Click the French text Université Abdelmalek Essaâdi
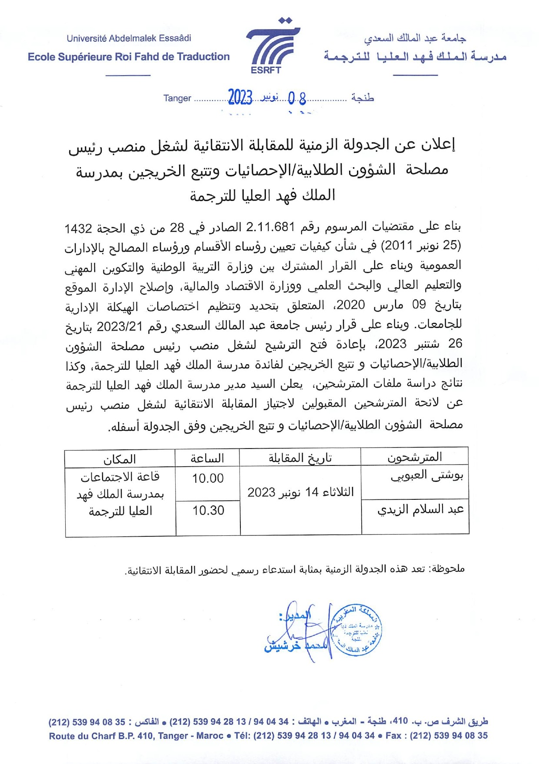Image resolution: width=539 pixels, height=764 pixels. [x=129, y=38]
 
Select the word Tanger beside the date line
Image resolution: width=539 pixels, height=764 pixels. [x=177, y=98]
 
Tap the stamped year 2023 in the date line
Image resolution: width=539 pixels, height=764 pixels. [x=240, y=97]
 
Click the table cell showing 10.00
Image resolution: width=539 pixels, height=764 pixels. [x=208, y=478]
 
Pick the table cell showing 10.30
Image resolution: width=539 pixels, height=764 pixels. [x=208, y=511]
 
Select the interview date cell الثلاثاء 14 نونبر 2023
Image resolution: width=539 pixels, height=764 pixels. [x=300, y=492]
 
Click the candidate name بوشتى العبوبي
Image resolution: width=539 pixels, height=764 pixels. [x=427, y=476]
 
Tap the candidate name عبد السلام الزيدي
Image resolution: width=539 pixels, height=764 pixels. [x=420, y=509]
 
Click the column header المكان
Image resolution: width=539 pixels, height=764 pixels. [x=120, y=459]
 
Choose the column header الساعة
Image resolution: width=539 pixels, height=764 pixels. [x=207, y=458]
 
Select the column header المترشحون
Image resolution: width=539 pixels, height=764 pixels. [x=415, y=457]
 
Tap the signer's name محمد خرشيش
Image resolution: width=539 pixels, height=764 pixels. [x=296, y=646]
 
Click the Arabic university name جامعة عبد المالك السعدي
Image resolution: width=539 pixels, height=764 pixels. [x=415, y=38]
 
